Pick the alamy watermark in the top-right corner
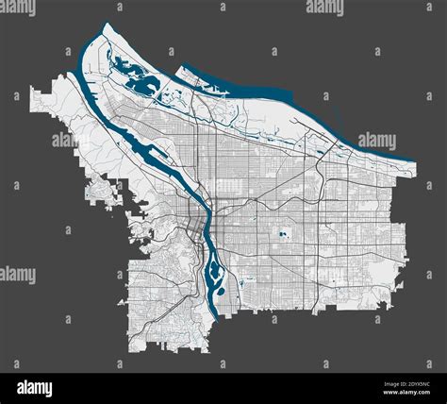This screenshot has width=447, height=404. (x=426, y=8)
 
